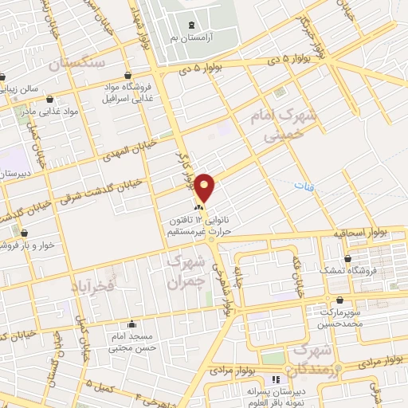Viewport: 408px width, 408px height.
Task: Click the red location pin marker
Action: [x=206, y=187]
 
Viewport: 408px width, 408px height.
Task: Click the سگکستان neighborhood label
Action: [x=78, y=63]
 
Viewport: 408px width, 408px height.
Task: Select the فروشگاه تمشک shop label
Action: [x=348, y=270]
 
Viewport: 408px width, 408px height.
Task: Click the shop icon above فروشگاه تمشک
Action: [x=348, y=258]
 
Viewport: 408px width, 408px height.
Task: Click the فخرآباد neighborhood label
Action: [x=93, y=284]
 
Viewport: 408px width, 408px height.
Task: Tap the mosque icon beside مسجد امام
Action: [x=131, y=324]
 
